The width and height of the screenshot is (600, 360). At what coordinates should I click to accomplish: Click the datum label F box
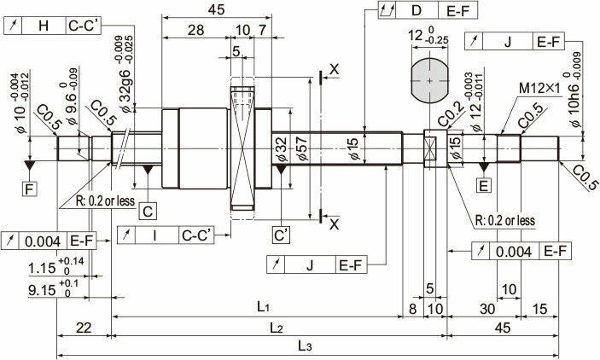[30, 189]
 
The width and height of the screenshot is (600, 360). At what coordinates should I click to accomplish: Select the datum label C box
[148, 212]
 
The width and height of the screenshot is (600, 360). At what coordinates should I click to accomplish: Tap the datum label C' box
[282, 235]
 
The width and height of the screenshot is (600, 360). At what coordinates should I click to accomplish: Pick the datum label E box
[484, 186]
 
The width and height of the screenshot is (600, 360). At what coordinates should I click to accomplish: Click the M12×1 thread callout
[539, 89]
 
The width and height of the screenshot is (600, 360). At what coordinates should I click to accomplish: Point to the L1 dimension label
[264, 306]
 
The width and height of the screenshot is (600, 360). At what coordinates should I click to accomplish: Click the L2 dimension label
[276, 328]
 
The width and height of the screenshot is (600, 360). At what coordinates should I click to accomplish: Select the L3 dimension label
[305, 346]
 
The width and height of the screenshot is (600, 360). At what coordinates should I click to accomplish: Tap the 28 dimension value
[196, 30]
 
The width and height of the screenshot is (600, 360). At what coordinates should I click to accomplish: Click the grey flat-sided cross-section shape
[429, 81]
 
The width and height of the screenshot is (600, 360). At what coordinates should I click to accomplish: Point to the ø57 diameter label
[301, 149]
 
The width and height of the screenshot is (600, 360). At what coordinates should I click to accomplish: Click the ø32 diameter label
[281, 150]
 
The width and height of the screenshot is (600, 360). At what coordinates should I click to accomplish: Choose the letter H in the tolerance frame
[44, 26]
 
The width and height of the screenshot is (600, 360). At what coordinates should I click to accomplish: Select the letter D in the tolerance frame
[417, 10]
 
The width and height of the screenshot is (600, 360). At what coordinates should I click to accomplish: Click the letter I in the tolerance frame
[154, 235]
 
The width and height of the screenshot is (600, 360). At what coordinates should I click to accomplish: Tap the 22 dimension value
[84, 328]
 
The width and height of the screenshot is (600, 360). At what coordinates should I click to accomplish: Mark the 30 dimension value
[487, 308]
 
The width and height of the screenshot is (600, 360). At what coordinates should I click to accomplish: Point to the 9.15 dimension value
[42, 290]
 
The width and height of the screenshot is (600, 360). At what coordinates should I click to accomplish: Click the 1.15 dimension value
[42, 268]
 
